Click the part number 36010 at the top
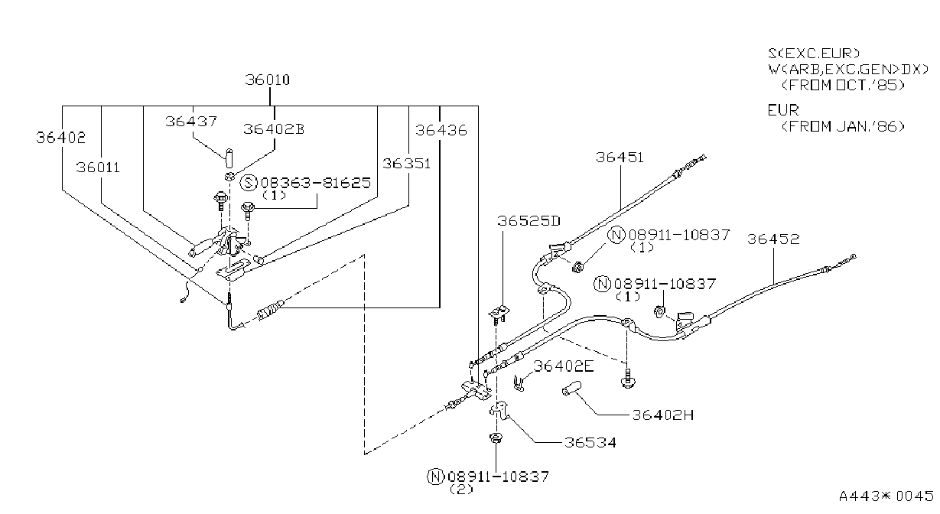(267, 80)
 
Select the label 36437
(191, 122)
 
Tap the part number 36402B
(274, 129)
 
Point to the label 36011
(98, 168)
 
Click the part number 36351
(406, 163)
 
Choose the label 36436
(441, 130)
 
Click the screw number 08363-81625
(316, 183)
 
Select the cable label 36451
(620, 158)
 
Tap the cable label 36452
(773, 239)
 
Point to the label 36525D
(529, 221)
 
